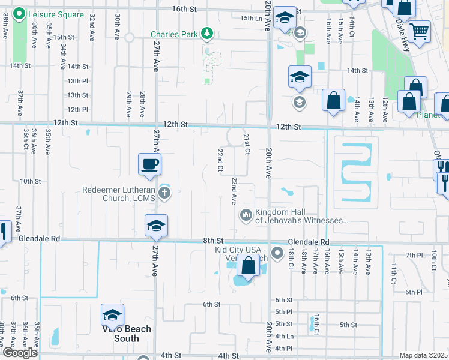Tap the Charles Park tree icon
[x=207, y=32]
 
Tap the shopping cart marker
[x=419, y=30]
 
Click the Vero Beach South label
[x=125, y=334]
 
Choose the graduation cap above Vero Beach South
[x=112, y=314]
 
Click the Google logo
[x=20, y=353]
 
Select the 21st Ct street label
[x=246, y=144]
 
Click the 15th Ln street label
[x=251, y=19]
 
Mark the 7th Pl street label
[x=414, y=256]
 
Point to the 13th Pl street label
[x=78, y=80]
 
